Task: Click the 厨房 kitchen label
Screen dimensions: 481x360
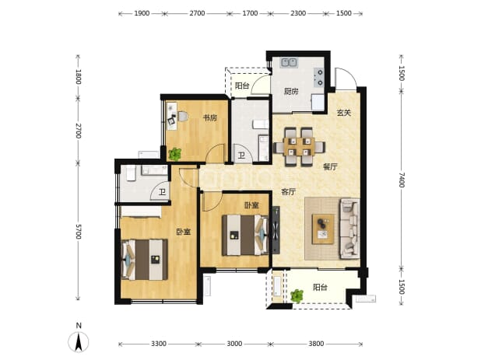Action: (x=291, y=91)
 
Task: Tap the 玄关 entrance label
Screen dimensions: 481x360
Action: (x=343, y=113)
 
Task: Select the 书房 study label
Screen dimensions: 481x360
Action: (x=210, y=117)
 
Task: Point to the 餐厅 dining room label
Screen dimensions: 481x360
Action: (x=330, y=166)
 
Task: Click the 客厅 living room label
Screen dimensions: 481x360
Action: (x=288, y=192)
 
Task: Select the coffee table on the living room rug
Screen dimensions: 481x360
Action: (x=323, y=229)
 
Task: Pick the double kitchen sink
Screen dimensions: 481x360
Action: (x=289, y=63)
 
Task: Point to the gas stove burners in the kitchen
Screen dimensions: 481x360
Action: (x=318, y=78)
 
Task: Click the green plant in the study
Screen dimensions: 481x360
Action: (x=175, y=154)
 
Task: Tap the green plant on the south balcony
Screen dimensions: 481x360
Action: (x=297, y=296)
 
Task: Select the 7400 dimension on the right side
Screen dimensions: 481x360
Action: (x=402, y=180)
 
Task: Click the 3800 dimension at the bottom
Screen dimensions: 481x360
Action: (x=316, y=344)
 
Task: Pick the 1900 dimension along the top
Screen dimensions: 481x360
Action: (x=142, y=13)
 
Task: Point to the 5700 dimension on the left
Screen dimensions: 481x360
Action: (x=79, y=232)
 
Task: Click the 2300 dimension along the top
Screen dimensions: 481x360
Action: (x=298, y=13)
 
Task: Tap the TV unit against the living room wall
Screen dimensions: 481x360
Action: (x=276, y=230)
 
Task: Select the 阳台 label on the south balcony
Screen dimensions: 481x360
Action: (x=320, y=287)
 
